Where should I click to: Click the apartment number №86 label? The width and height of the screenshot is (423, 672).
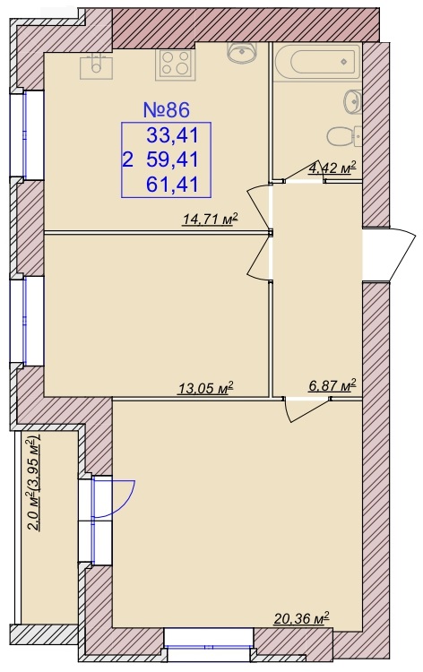(166, 110)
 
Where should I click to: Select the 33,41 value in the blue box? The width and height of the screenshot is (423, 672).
(173, 136)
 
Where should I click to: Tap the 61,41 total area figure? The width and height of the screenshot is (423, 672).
(173, 185)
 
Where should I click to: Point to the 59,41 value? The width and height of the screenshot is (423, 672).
(173, 160)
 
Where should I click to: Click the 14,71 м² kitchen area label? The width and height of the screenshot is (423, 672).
(210, 220)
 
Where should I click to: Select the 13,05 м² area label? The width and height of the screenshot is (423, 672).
(205, 388)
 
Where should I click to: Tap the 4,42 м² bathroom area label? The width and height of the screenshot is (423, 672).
(332, 168)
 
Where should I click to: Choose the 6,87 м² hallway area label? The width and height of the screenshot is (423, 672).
(332, 385)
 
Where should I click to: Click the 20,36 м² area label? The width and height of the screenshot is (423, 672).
(301, 618)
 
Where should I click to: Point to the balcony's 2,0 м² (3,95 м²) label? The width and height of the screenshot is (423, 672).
(34, 483)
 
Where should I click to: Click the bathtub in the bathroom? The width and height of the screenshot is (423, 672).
(316, 62)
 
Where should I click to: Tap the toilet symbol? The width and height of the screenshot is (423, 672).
(344, 137)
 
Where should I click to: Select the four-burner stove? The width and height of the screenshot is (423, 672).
(176, 64)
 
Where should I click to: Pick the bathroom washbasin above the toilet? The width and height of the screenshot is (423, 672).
(352, 102)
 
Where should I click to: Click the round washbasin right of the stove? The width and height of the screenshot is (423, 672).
(241, 53)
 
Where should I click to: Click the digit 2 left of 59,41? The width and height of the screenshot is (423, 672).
(128, 160)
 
